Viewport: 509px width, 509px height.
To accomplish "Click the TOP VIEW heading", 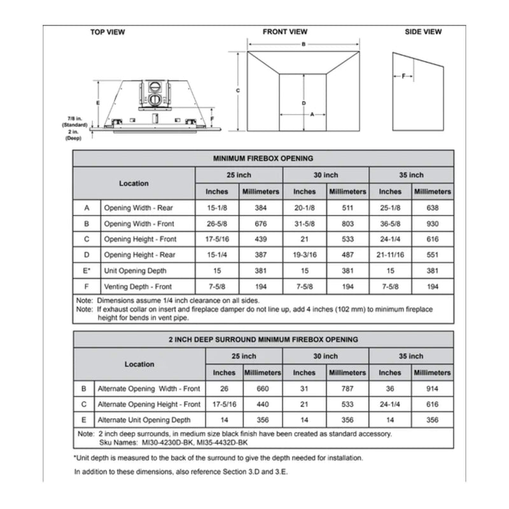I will (108, 32).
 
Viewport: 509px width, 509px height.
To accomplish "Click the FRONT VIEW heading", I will (285, 32).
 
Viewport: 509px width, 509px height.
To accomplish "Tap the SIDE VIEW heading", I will (423, 32).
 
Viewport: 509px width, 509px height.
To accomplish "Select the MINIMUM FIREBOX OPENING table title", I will (263, 158).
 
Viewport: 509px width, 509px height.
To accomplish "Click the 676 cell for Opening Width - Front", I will (260, 223).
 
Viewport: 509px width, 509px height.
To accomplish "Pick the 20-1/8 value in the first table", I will (304, 207).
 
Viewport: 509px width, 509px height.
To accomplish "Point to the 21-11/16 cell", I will (390, 254).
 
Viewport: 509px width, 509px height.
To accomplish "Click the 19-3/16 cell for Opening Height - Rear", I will (304, 254).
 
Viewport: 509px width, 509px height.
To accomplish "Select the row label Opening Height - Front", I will (140, 239).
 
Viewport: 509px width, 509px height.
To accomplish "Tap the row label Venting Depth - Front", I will (138, 286).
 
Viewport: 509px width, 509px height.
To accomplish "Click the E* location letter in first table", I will (87, 270).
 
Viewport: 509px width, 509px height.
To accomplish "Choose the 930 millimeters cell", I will (432, 223).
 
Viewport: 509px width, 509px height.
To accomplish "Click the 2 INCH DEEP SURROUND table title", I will (263, 340).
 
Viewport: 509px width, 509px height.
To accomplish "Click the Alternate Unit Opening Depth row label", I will (144, 420).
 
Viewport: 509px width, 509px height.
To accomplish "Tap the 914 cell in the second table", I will (432, 388).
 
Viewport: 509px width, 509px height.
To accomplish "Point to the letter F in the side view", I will (403, 76).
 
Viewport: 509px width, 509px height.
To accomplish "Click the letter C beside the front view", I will (237, 91).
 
